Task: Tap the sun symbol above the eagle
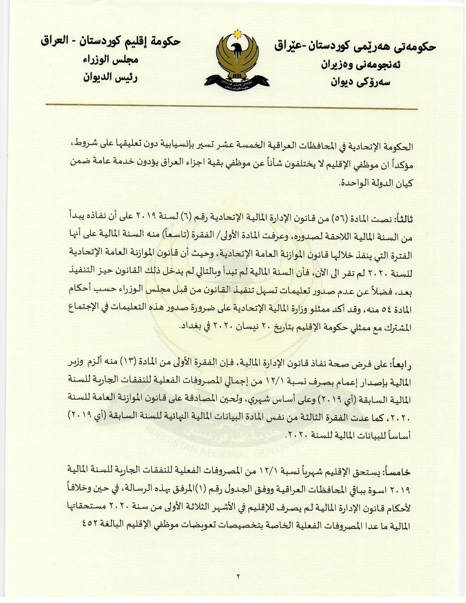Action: [237, 34]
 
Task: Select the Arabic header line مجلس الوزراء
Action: [110, 60]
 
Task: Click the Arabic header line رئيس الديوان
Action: [110, 78]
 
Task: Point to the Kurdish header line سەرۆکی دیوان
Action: [360, 82]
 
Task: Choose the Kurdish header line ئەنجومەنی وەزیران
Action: [360, 65]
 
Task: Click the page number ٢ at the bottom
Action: [238, 576]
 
